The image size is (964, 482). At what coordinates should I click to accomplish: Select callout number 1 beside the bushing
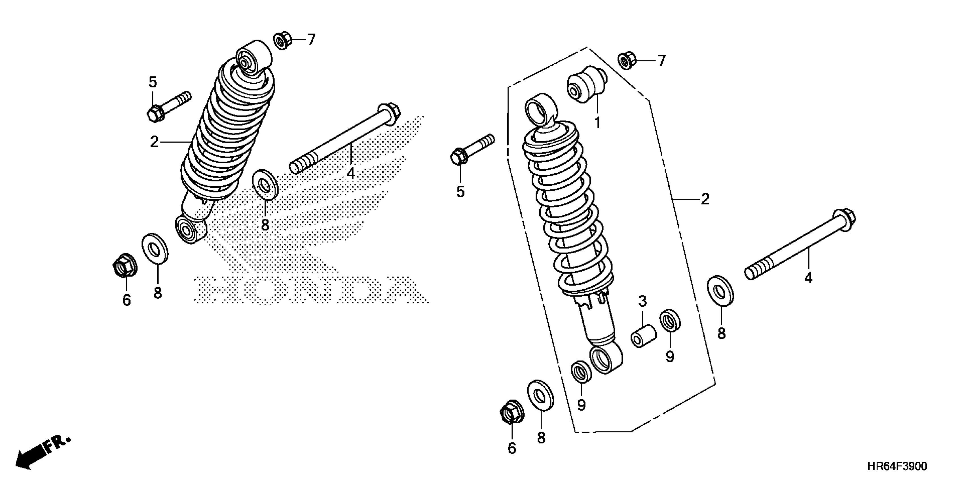[597, 122]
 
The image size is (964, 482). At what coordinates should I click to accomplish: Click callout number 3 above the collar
[642, 301]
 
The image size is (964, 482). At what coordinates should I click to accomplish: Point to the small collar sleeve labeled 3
[643, 336]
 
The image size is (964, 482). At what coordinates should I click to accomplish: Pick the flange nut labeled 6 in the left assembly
[125, 267]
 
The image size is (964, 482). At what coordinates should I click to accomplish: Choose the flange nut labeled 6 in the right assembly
[511, 413]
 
